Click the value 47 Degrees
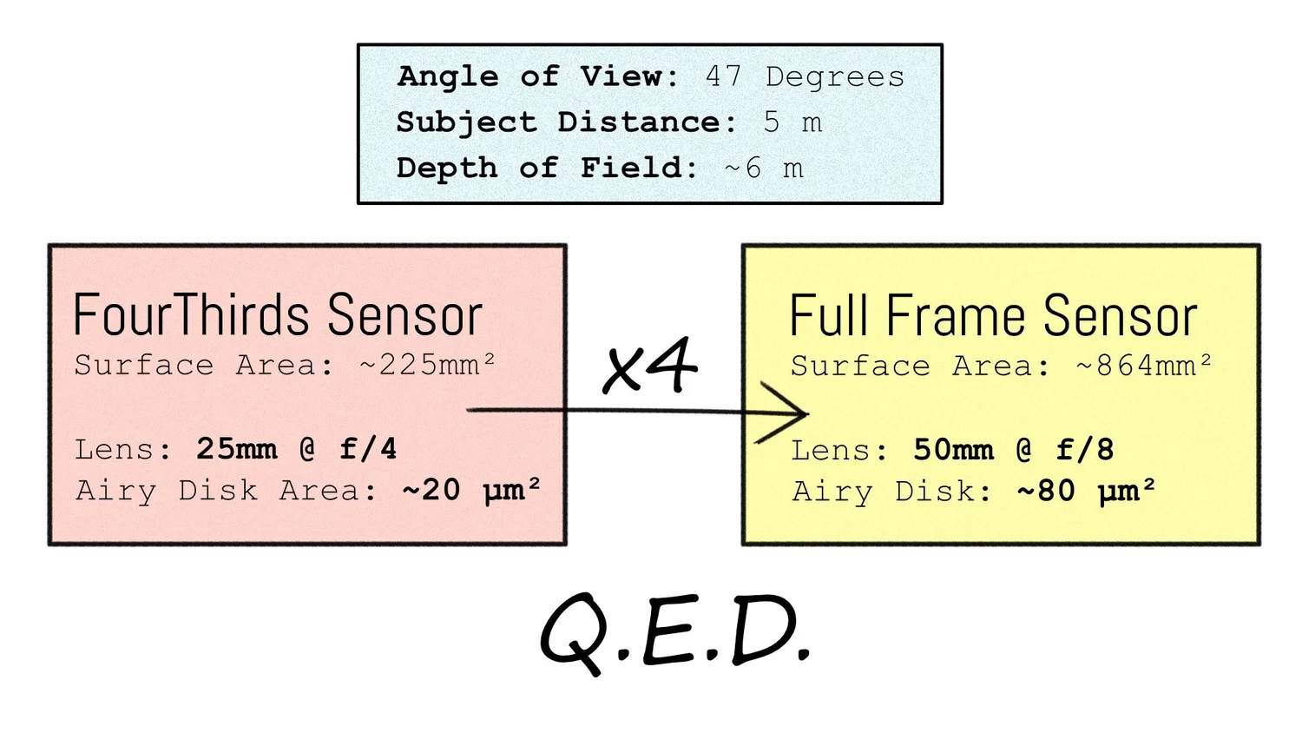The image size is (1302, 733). pyautogui.click(x=805, y=77)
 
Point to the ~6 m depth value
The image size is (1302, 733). pyautogui.click(x=764, y=168)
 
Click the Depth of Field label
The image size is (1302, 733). pyautogui.click(x=547, y=168)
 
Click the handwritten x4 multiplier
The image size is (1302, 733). pyautogui.click(x=649, y=366)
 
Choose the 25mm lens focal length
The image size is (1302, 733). pyautogui.click(x=236, y=449)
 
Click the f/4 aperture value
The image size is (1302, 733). pyautogui.click(x=368, y=449)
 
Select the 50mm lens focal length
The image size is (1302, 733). pyautogui.click(x=953, y=450)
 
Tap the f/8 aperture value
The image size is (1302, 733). pyautogui.click(x=1085, y=450)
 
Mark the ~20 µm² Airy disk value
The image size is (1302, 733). pyautogui.click(x=471, y=491)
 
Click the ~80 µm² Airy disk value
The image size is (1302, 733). pyautogui.click(x=1086, y=492)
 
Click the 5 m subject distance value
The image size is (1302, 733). pyautogui.click(x=792, y=122)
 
